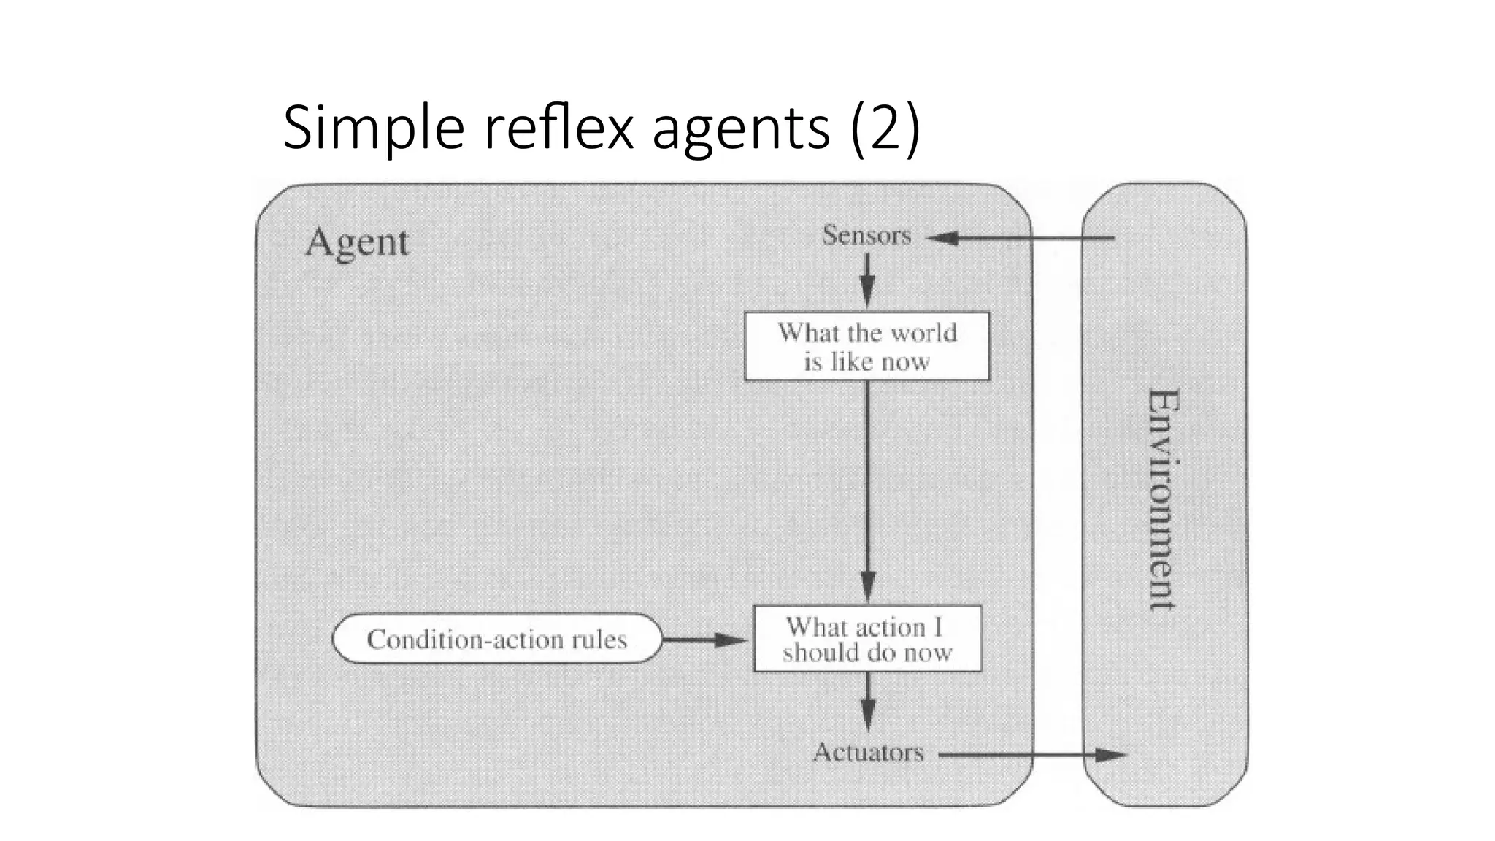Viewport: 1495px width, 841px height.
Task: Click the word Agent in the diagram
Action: pyautogui.click(x=356, y=242)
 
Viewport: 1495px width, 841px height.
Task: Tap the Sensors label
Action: pyautogui.click(x=866, y=236)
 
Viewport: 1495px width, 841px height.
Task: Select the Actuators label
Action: pyautogui.click(x=868, y=752)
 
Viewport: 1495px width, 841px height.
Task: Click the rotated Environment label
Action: pyautogui.click(x=1162, y=500)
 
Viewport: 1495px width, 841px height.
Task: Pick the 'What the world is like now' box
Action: pyautogui.click(x=866, y=347)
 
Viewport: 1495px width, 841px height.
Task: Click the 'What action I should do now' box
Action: pyautogui.click(x=867, y=639)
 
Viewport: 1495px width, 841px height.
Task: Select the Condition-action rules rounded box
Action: pyautogui.click(x=496, y=639)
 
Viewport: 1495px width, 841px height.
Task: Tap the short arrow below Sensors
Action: pyautogui.click(x=867, y=280)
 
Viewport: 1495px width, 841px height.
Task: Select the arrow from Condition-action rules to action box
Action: pyautogui.click(x=705, y=640)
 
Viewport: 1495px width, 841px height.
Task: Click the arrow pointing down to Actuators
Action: pyautogui.click(x=867, y=702)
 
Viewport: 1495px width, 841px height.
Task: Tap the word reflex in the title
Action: pyautogui.click(x=558, y=128)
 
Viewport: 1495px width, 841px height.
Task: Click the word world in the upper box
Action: pyautogui.click(x=923, y=333)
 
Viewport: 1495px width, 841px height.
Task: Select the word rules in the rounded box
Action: pyautogui.click(x=599, y=640)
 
